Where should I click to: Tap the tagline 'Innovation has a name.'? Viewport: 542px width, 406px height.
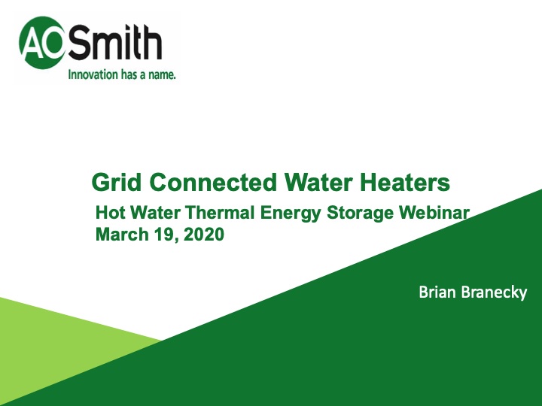coord(122,75)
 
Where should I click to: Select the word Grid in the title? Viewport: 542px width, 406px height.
coord(117,182)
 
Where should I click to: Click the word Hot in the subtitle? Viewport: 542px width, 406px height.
coord(110,213)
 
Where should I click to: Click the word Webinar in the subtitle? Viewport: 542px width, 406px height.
coord(434,213)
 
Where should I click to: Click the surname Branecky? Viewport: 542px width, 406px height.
coord(494,292)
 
